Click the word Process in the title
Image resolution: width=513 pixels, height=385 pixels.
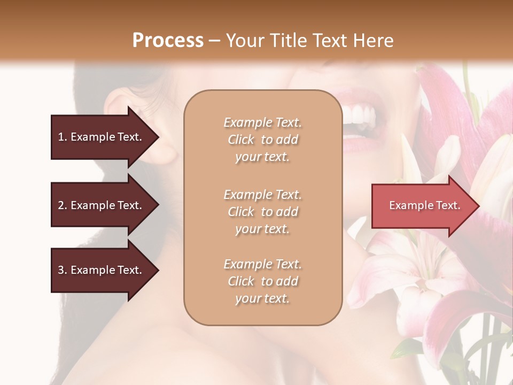click(x=168, y=40)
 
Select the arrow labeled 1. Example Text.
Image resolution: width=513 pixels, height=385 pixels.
click(x=102, y=137)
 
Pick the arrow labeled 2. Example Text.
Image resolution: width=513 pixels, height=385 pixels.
click(x=102, y=205)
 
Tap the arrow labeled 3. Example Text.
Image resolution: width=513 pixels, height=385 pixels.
click(x=102, y=270)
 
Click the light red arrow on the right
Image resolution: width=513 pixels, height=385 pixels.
click(x=422, y=206)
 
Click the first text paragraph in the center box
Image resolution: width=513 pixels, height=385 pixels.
click(x=262, y=140)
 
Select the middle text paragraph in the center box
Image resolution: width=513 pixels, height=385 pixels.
click(x=262, y=212)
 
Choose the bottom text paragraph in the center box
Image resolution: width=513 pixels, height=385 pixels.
click(x=262, y=281)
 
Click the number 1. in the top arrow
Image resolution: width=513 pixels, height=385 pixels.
click(x=63, y=137)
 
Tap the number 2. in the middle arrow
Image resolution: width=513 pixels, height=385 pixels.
click(x=63, y=205)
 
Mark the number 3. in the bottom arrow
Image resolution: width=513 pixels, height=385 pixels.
click(x=63, y=270)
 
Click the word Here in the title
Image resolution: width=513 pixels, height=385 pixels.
click(x=374, y=40)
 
